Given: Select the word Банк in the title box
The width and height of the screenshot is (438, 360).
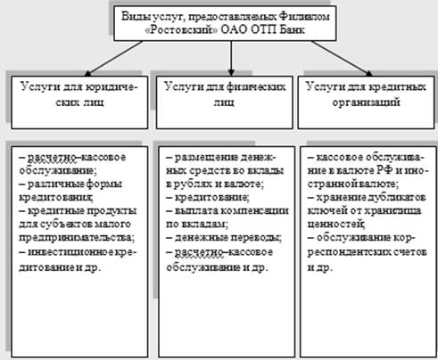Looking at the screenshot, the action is click(292, 29).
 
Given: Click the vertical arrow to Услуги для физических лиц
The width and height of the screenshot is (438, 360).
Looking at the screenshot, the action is click(231, 59).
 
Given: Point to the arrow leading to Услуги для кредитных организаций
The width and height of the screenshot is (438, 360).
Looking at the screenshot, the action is click(342, 59).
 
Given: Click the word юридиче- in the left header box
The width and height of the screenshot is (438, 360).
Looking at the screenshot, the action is click(112, 87).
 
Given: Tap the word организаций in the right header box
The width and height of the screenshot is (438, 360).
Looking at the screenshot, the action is click(366, 102).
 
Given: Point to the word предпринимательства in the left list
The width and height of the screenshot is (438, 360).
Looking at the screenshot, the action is click(75, 238).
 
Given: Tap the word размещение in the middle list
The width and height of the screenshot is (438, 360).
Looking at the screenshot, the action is click(205, 157).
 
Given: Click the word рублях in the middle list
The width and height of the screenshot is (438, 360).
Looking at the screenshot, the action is click(192, 184).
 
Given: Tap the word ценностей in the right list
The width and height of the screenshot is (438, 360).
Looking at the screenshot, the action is click(335, 224).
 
